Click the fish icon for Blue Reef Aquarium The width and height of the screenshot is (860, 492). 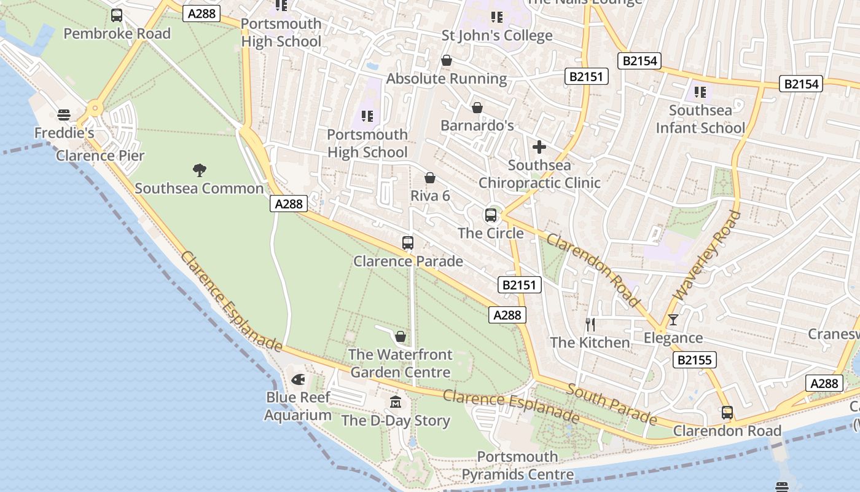[299, 379]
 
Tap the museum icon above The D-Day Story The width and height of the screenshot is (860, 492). [396, 402]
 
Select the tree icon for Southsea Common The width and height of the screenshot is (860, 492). [199, 170]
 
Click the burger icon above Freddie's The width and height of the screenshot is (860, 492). [64, 115]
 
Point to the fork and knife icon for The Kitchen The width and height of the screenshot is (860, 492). [590, 324]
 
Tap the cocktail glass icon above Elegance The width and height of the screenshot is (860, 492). [673, 319]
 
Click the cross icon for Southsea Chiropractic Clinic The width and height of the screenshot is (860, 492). [539, 147]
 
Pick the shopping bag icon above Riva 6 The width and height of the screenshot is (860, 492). [430, 178]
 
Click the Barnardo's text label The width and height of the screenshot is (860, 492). [477, 125]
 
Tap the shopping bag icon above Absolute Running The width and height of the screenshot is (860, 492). [447, 60]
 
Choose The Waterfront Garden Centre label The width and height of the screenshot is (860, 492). [401, 363]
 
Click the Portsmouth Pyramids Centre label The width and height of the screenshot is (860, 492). [518, 466]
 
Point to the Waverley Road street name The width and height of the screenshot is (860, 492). [706, 256]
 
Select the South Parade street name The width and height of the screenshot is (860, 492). [611, 404]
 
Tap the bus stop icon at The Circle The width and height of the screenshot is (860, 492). [491, 215]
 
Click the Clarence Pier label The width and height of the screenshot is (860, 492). [100, 155]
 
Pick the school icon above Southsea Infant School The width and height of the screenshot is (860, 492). [700, 92]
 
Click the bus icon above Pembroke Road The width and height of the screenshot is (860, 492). [117, 15]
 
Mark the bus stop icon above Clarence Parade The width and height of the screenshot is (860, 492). [408, 243]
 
